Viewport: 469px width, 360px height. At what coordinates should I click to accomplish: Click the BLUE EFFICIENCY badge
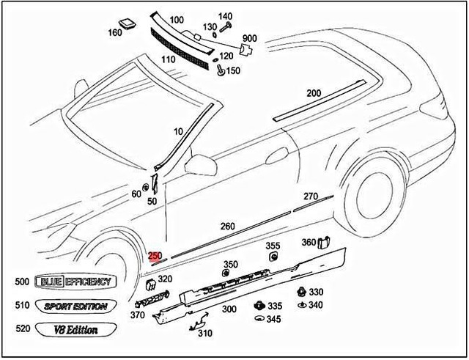point(75,282)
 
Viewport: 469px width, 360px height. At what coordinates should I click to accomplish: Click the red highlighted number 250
point(155,256)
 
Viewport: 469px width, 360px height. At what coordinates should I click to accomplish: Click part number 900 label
point(249,38)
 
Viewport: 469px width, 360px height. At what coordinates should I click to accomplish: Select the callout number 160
point(115,32)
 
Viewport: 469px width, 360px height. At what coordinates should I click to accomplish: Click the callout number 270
point(311,196)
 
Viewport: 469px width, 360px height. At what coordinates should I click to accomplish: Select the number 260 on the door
point(228,227)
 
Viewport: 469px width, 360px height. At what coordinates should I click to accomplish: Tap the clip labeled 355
point(273,257)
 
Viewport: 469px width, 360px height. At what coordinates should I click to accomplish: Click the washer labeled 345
point(258,318)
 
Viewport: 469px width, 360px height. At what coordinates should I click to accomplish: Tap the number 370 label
point(137,315)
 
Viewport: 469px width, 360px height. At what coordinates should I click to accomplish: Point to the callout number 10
point(178,131)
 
